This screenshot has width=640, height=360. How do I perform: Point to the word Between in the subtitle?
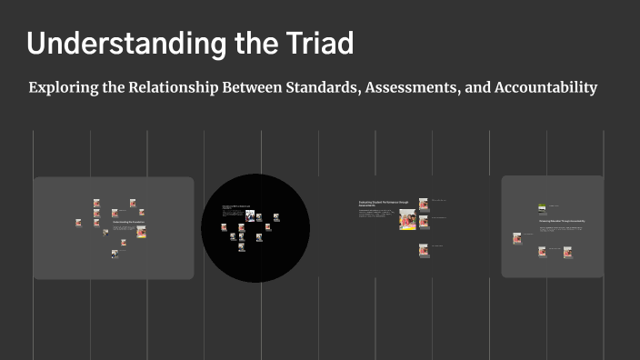(254, 88)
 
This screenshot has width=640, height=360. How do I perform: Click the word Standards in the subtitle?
(333, 88)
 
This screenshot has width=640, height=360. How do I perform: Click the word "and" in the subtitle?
(477, 88)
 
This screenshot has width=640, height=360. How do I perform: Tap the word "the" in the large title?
(243, 43)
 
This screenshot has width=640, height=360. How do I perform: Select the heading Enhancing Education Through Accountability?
(561, 221)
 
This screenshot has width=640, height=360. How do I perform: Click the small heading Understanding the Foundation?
(128, 222)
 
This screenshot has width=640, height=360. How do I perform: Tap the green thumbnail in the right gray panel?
(543, 207)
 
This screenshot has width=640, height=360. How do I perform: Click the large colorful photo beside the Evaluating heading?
(407, 219)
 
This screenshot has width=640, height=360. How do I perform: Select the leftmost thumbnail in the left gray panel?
(78, 222)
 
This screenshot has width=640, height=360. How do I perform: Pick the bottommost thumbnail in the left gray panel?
(115, 255)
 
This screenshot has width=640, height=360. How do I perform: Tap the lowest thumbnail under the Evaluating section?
(424, 251)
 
